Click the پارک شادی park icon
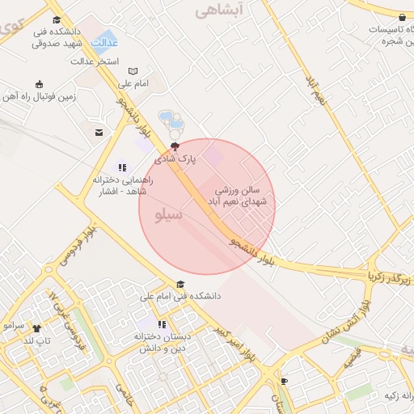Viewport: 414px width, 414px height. pyautogui.click(x=174, y=146)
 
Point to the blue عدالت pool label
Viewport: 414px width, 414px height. pyautogui.click(x=106, y=41)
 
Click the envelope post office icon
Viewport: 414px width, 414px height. pyautogui.click(x=99, y=132)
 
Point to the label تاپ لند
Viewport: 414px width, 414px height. pyautogui.click(x=37, y=340)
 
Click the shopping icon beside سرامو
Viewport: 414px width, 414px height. pyautogui.click(x=36, y=327)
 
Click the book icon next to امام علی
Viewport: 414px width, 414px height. pyautogui.click(x=133, y=71)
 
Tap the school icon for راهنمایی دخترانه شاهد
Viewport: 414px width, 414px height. pyautogui.click(x=123, y=167)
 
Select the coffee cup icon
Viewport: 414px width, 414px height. pyautogui.click(x=284, y=381)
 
